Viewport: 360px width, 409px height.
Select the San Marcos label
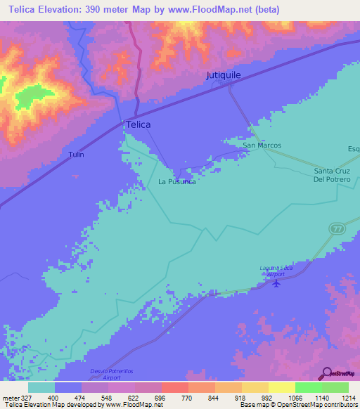pos(262,145)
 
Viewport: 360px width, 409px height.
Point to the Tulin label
pos(76,155)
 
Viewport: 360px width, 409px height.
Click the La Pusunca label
pos(176,181)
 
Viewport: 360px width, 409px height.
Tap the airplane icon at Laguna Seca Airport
pos(276,283)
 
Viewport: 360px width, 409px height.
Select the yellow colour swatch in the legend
pos(281,387)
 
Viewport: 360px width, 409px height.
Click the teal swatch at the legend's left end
pos(41,387)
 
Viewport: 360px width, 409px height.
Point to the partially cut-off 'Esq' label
pos(353,148)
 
